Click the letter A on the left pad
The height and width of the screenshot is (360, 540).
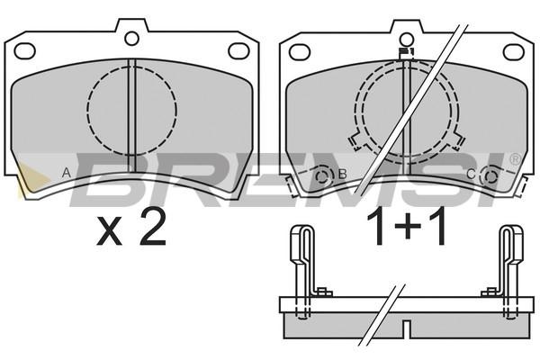[67, 172]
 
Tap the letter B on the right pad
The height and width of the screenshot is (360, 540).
[342, 174]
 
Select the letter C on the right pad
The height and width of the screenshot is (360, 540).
[471, 175]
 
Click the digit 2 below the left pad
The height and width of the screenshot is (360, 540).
[153, 228]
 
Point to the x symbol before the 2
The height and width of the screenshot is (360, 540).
[109, 231]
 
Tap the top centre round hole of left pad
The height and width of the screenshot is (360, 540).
[131, 38]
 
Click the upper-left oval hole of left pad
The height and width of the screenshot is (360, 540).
[25, 51]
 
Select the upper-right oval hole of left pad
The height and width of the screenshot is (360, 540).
[238, 51]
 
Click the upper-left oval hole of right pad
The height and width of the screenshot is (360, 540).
[300, 52]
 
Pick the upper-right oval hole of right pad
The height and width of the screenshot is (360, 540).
[514, 52]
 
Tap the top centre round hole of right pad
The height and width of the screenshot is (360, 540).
[407, 40]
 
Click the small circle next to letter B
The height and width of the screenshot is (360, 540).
[323, 176]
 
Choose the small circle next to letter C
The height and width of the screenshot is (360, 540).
[490, 176]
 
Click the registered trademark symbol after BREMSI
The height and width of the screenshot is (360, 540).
[514, 159]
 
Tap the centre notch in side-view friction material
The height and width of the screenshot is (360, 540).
[407, 329]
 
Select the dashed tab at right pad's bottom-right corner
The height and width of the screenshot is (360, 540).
[522, 186]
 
